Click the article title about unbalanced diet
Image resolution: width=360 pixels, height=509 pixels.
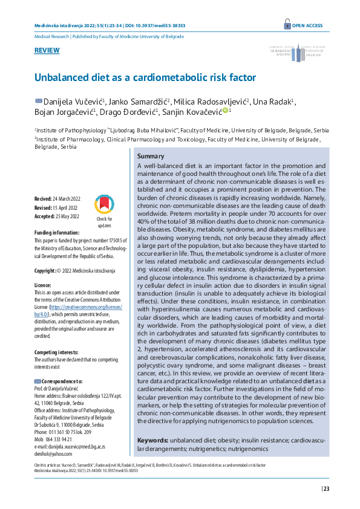[x=145, y=78]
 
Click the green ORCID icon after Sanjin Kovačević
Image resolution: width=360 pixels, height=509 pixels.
[x=224, y=111]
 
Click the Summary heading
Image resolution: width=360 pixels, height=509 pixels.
[x=150, y=157]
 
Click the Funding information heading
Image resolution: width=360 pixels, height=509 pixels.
[x=57, y=232]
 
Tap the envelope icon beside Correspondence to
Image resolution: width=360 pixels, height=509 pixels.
[x=38, y=381]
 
